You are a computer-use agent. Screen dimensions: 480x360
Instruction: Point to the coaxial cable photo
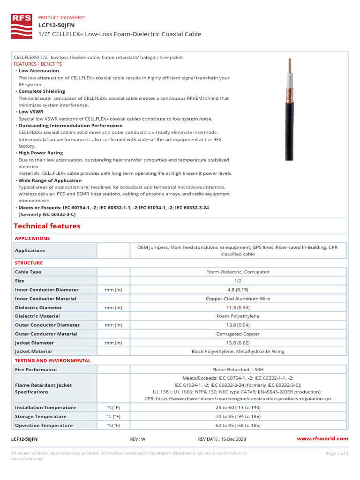(290, 110)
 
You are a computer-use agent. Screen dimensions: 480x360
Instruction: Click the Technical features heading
(47, 226)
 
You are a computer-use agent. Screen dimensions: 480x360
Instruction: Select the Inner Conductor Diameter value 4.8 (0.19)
(238, 290)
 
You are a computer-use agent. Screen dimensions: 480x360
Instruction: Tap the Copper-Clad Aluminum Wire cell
(238, 299)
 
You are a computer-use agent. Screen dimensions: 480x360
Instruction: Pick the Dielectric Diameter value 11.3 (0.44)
(238, 307)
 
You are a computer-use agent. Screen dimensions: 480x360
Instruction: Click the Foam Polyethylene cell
(238, 316)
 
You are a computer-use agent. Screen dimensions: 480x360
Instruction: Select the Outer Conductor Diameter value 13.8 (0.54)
(238, 325)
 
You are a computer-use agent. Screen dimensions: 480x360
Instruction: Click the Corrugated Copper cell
(238, 334)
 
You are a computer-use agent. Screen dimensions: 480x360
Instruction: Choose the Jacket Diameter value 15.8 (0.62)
(238, 343)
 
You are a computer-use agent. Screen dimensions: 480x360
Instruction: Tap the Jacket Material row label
(33, 351)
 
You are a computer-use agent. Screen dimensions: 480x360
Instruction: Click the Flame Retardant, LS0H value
(238, 369)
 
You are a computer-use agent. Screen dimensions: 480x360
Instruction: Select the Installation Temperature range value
(238, 407)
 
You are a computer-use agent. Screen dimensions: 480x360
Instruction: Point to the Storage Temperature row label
(41, 416)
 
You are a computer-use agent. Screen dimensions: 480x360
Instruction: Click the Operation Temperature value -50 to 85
(238, 425)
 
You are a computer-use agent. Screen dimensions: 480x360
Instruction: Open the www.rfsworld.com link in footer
(323, 439)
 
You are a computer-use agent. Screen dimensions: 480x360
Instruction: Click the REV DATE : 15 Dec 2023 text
(222, 439)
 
